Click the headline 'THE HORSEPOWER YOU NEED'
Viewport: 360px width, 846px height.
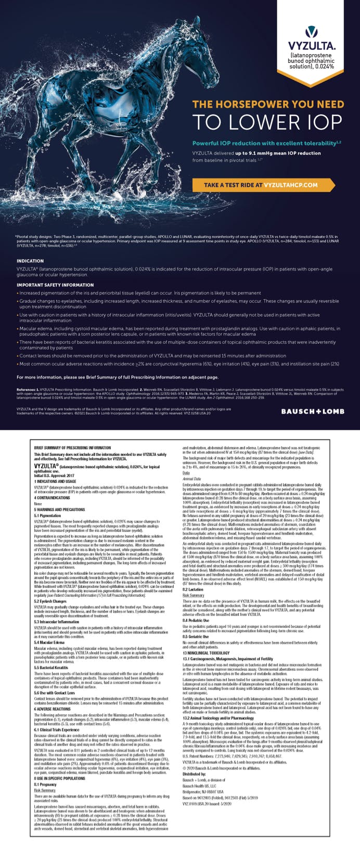pyautogui.click(x=268, y=104)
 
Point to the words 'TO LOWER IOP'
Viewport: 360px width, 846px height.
pyautogui.click(x=268, y=122)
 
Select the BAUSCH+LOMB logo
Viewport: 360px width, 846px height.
pyautogui.click(x=312, y=411)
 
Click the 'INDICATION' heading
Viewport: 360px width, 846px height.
pyautogui.click(x=30, y=261)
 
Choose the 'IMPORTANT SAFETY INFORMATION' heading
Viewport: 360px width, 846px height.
pyautogui.click(x=55, y=285)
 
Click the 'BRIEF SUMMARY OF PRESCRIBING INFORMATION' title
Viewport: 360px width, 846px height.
pyautogui.click(x=72, y=447)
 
